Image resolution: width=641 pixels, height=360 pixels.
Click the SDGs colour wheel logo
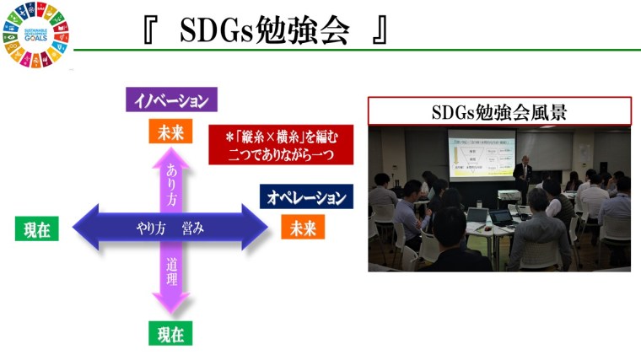coord(36,35)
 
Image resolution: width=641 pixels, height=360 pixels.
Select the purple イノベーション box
coord(173,100)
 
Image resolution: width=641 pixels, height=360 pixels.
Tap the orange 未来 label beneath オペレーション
coord(303,228)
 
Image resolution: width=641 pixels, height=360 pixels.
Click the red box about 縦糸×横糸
coord(281,145)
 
